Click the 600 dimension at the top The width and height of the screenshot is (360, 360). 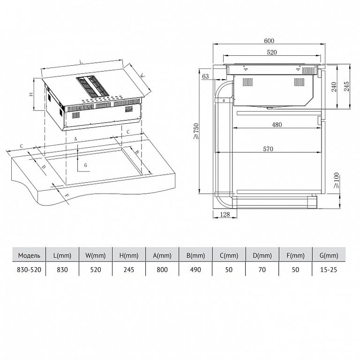tap(269, 41)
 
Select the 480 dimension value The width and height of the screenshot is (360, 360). tap(277, 125)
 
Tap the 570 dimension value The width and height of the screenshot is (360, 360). tap(268, 149)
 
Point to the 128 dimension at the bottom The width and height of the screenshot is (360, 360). tap(225, 214)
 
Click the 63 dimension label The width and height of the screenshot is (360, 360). tap(205, 76)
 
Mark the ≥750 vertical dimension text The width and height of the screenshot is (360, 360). tap(196, 131)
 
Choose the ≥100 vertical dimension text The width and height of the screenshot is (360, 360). tap(336, 180)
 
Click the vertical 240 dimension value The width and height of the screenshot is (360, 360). tap(334, 87)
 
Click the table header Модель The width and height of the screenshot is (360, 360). tap(29, 255)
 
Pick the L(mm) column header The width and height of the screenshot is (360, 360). tap(62, 255)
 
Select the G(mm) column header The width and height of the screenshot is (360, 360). tap(329, 255)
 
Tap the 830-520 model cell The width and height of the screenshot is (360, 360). tap(29, 270)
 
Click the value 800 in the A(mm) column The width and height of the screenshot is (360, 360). tap(162, 270)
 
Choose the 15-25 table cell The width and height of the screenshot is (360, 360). tap(329, 270)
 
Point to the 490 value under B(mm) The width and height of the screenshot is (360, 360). tap(195, 270)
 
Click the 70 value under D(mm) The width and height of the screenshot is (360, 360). tap(262, 270)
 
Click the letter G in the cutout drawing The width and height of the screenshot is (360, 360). tap(86, 165)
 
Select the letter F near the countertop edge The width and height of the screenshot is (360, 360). tap(67, 195)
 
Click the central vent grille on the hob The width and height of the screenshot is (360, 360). tap(92, 86)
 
